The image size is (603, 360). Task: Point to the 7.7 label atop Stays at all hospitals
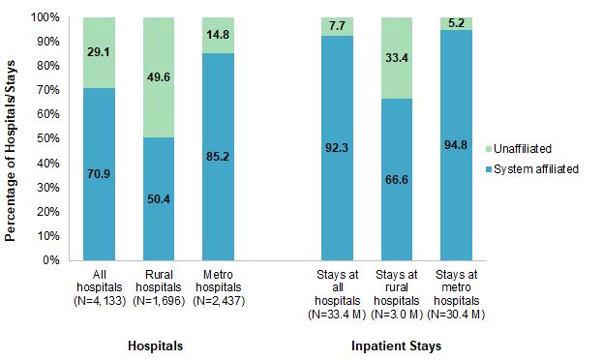[x=338, y=26]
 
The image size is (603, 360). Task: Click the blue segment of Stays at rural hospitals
[x=399, y=194]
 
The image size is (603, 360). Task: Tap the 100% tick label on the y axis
[x=44, y=17]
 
